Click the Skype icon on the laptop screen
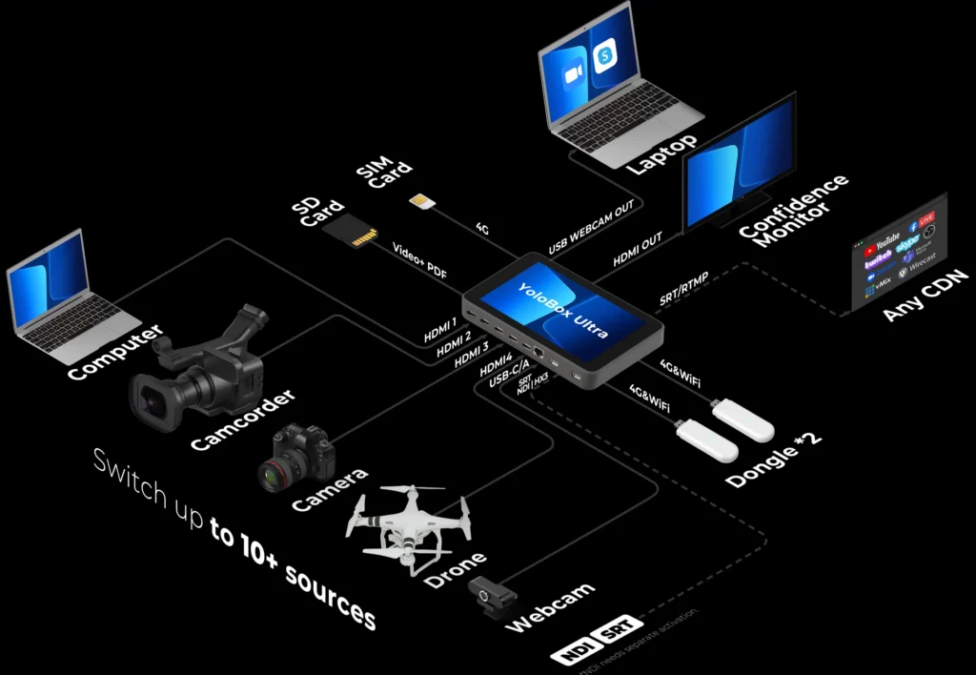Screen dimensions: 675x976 pos(602,56)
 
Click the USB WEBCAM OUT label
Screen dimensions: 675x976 pos(591,228)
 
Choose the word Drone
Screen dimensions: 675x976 pos(455,569)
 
